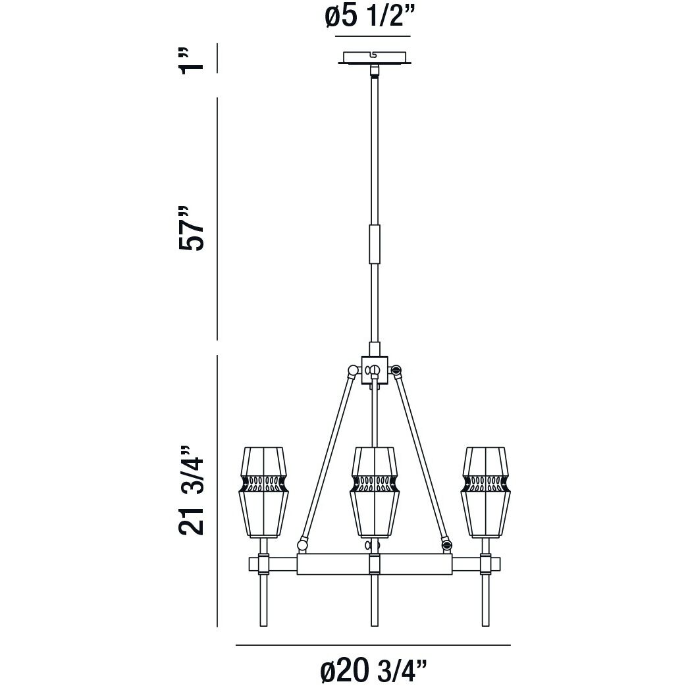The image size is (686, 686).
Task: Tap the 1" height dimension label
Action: point(190,59)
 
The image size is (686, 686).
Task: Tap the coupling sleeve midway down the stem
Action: point(375,244)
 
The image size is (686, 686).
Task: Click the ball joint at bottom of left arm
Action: point(303,544)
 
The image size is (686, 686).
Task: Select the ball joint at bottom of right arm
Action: point(447,544)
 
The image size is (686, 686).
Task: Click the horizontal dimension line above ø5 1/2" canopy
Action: point(373,36)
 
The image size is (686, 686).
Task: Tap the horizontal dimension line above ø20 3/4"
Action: point(373,645)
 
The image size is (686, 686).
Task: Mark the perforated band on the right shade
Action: point(487,485)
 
